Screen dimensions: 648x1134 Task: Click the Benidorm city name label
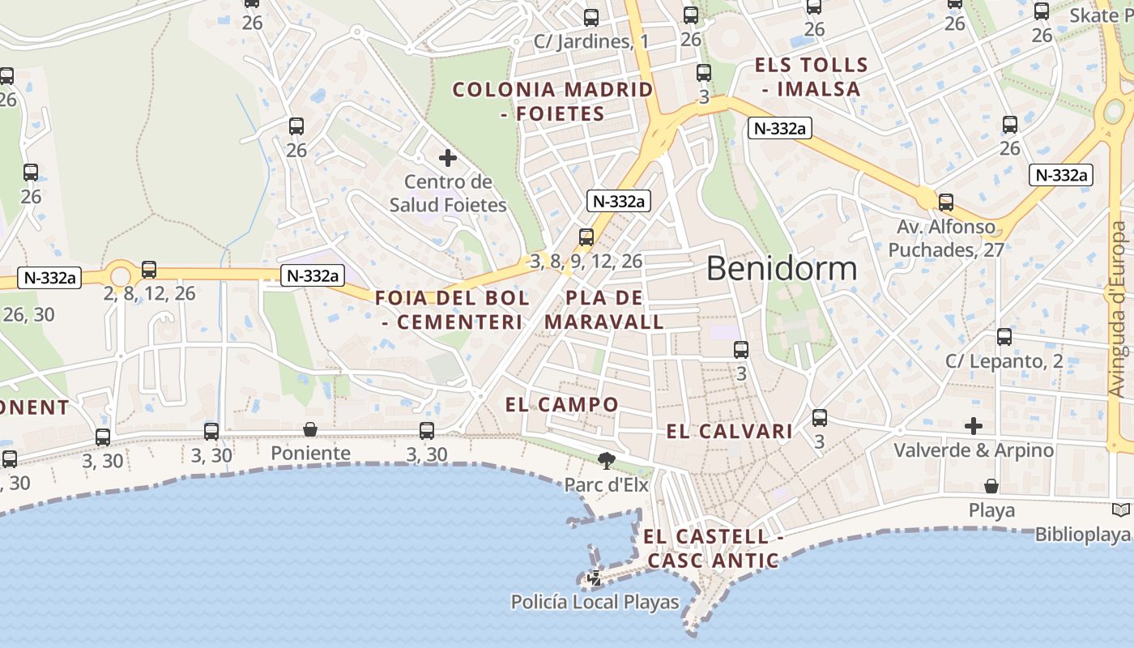tap(782, 268)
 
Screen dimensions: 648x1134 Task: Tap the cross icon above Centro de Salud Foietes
tap(447, 158)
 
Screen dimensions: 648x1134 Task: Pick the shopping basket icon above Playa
tap(991, 486)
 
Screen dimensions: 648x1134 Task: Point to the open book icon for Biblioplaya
tap(1121, 510)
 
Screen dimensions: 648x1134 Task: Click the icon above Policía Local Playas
tap(595, 578)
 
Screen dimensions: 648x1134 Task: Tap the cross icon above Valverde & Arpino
tap(974, 425)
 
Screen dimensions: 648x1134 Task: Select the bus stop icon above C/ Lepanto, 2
tap(1004, 337)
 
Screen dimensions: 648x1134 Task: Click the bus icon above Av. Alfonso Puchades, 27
tap(945, 202)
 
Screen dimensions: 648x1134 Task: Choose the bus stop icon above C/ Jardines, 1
tap(591, 17)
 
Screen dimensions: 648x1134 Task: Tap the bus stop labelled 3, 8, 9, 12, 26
tap(586, 237)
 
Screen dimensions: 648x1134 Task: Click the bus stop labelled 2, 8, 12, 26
tap(149, 270)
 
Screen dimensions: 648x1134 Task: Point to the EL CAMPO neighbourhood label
tap(562, 404)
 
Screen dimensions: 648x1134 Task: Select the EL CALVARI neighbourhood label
tap(729, 432)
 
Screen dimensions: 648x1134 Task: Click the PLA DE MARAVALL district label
tap(604, 310)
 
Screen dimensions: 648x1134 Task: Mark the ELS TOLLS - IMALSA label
tap(811, 77)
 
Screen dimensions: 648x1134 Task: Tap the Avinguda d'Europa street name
tap(1119, 309)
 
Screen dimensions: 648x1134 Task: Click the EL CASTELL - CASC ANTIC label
tap(713, 548)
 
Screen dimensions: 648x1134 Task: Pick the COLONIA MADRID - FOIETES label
tap(553, 101)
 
